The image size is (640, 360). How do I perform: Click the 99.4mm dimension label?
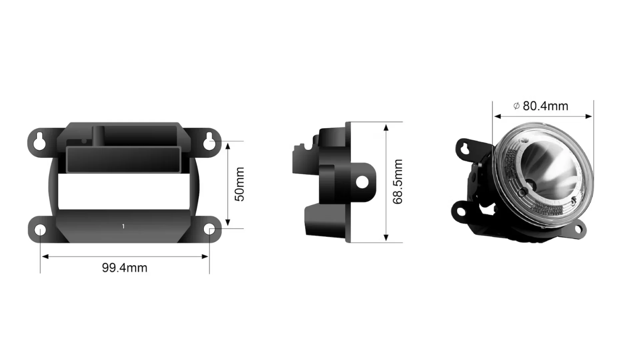click(124, 268)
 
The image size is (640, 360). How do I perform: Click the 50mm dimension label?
click(240, 184)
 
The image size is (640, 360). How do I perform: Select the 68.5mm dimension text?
click(398, 182)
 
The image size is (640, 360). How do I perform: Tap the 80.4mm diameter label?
click(545, 106)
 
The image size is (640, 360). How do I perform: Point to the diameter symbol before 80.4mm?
click(516, 106)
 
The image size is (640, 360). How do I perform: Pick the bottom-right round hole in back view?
click(210, 230)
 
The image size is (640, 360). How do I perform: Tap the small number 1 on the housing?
click(123, 226)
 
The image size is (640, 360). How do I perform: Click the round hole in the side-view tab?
click(362, 182)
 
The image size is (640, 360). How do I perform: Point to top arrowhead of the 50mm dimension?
click(228, 146)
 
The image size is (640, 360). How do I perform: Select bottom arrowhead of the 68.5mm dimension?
click(386, 237)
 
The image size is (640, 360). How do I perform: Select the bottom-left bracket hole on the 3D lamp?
click(461, 211)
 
